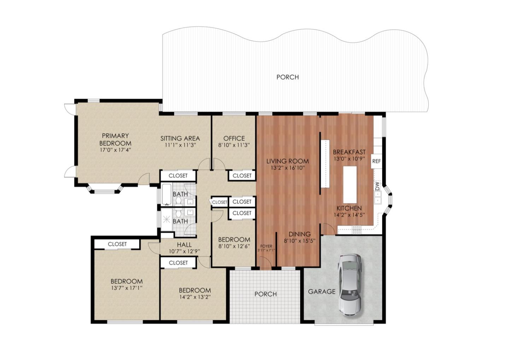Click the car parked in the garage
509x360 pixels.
pos(350,285)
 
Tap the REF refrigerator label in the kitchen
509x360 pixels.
pos(376,161)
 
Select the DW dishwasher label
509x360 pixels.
pos(378,186)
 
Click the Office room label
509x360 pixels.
pos(234,138)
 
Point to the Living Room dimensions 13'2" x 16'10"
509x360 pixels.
pos(288,168)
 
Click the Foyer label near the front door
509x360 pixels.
pos(266,246)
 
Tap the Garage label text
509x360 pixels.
pos(322,291)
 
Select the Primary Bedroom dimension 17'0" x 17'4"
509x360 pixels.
pos(116,150)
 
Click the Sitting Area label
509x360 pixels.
pos(180,138)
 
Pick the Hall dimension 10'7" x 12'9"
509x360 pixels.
pos(184,251)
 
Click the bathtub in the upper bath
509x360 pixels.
pos(166,194)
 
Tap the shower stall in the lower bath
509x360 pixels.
pos(167,219)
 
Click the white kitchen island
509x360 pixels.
pos(350,185)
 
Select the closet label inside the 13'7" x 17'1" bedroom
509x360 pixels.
pos(117,244)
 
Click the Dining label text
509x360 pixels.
pos(299,234)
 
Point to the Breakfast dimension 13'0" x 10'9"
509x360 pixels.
pos(349,158)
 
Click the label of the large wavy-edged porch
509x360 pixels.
pos(287,77)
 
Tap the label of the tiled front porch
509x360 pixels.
pos(265,294)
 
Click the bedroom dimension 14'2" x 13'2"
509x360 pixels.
pos(195,297)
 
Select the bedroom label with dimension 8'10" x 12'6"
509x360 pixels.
pos(234,239)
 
